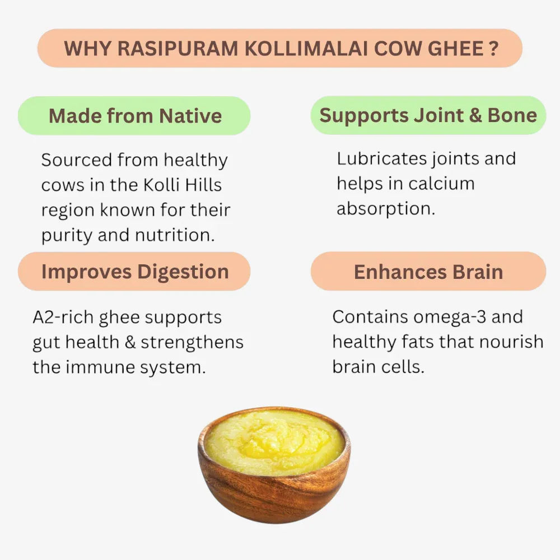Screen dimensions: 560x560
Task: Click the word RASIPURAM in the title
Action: click(x=178, y=48)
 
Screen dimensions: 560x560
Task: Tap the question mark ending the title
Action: click(x=493, y=48)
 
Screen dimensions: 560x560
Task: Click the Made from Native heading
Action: click(x=135, y=116)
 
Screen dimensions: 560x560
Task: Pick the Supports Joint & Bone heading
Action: click(x=428, y=115)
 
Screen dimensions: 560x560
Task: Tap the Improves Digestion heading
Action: click(x=135, y=272)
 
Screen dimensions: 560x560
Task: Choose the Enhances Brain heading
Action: click(x=428, y=272)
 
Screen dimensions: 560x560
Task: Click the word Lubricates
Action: click(x=381, y=158)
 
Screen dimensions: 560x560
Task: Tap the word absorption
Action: click(x=385, y=209)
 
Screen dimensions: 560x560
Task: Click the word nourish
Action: click(x=516, y=342)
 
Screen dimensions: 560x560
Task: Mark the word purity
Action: click(x=67, y=236)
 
